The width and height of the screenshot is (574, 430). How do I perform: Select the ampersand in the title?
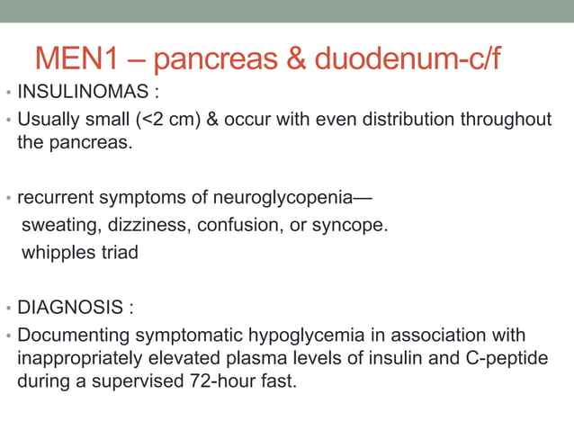295,58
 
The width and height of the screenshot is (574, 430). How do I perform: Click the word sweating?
56,225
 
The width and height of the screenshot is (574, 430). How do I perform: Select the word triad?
120,252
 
